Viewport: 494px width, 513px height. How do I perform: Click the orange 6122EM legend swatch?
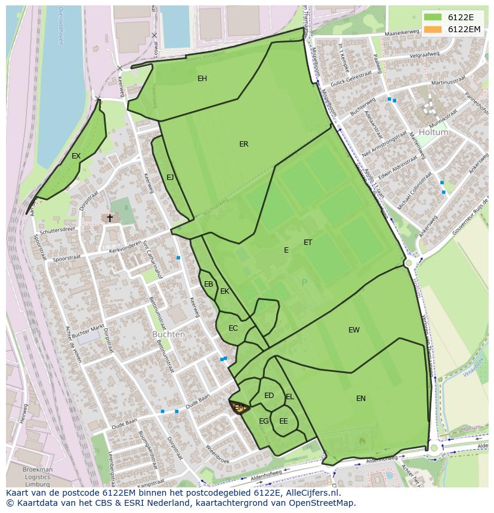[x=434, y=29]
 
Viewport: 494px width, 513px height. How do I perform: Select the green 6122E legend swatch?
[x=434, y=18]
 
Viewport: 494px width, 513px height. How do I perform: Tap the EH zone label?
[x=202, y=79]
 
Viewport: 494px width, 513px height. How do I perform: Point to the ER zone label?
[x=243, y=144]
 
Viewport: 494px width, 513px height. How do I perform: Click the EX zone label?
[x=76, y=156]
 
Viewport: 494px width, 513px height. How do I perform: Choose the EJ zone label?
[x=170, y=178]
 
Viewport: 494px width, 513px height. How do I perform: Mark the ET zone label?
[x=308, y=242]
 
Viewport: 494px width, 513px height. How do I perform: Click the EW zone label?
[x=354, y=330]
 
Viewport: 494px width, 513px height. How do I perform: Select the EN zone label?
[x=361, y=399]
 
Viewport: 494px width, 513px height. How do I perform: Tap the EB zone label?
[x=208, y=284]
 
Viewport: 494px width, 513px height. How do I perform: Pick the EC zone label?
[x=233, y=328]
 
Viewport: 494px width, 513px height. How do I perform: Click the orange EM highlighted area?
[x=239, y=408]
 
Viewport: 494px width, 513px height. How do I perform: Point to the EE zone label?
[x=283, y=421]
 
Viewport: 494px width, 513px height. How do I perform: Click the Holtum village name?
[x=433, y=132]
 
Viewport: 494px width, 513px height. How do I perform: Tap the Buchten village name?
[x=168, y=334]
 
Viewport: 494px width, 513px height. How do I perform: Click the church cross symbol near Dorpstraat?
[x=110, y=218]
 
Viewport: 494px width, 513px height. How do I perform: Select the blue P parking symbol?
[x=304, y=283]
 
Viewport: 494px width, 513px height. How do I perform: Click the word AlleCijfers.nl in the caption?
[x=310, y=493]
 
